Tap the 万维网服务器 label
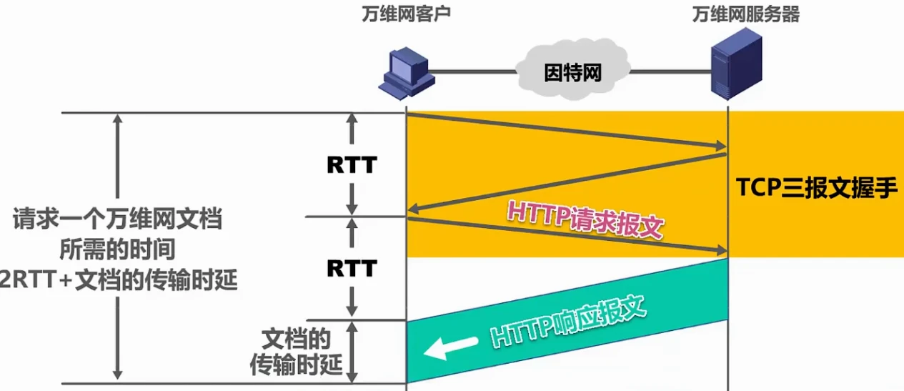pos(745,15)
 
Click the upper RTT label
pos(351,165)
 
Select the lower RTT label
pos(351,268)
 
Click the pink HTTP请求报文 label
pos(586,219)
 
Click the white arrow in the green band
pos(450,347)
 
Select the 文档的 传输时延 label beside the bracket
pos(296,351)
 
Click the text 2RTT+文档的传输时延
pos(118,281)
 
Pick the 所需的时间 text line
pos(117,250)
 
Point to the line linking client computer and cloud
pos(472,71)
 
